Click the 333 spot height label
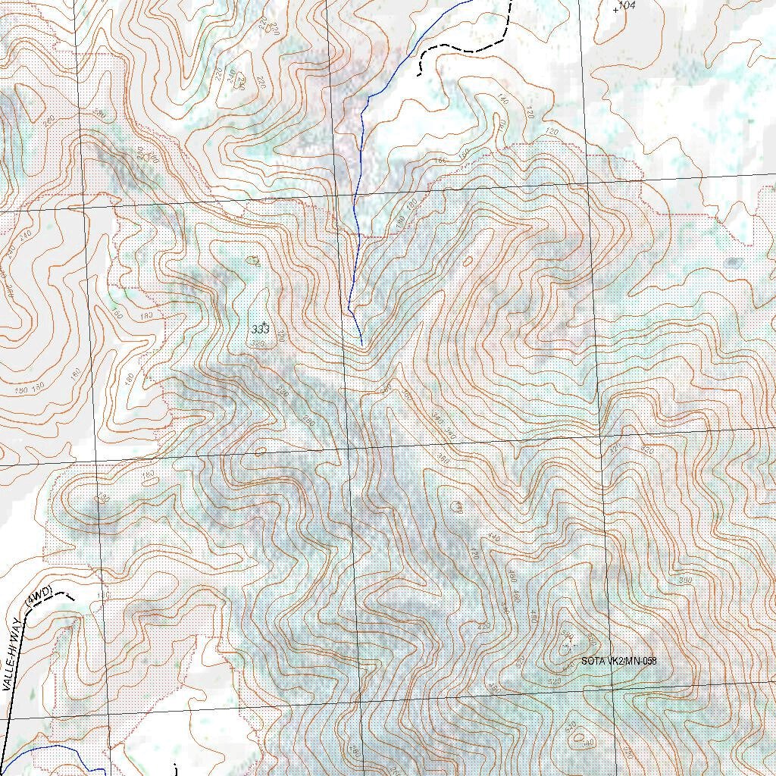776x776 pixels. pyautogui.click(x=260, y=330)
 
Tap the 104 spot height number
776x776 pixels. pyautogui.click(x=627, y=6)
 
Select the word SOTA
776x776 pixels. pyautogui.click(x=593, y=661)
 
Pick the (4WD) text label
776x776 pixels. pyautogui.click(x=38, y=596)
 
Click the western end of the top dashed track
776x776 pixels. pyautogui.click(x=419, y=75)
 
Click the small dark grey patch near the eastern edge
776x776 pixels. pyautogui.click(x=733, y=263)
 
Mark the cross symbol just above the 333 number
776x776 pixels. pyautogui.click(x=264, y=324)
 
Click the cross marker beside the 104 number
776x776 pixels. pyautogui.click(x=615, y=10)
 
